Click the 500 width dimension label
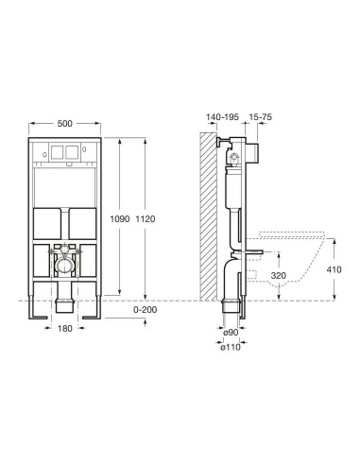click(x=65, y=124)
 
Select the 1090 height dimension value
click(x=120, y=218)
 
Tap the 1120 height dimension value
click(x=146, y=218)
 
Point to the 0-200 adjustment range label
click(x=145, y=310)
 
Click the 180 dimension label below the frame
click(x=65, y=328)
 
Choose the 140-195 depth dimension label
click(x=222, y=117)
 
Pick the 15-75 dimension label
click(x=261, y=117)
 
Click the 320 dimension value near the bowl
click(x=279, y=276)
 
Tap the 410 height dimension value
click(x=334, y=269)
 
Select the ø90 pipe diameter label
click(x=231, y=333)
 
